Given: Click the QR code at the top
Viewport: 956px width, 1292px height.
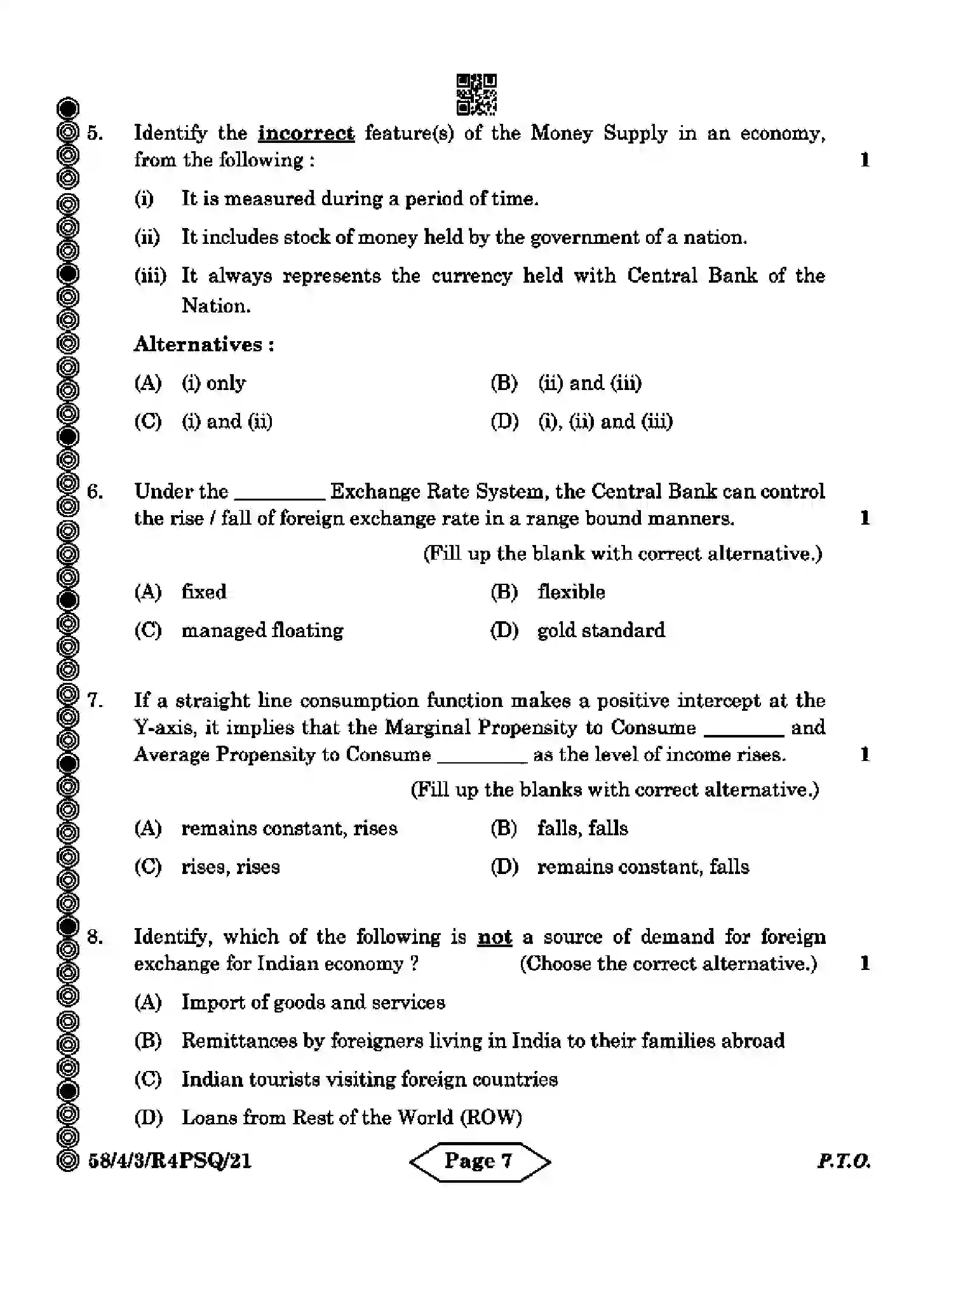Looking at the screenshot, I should (x=476, y=95).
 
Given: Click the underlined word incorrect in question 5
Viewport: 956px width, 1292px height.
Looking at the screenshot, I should (x=306, y=133).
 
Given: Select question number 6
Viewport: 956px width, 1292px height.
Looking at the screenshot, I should (x=95, y=492).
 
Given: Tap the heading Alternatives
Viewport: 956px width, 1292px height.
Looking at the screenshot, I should (x=203, y=345).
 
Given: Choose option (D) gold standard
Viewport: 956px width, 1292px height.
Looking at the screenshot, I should (x=600, y=631).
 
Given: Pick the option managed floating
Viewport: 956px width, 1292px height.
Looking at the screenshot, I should (x=262, y=631).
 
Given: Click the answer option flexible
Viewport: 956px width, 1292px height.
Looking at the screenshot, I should (x=570, y=592).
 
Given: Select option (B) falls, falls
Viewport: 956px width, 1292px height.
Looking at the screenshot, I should (x=582, y=828).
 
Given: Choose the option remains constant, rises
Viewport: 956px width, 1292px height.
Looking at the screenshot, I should (x=289, y=828).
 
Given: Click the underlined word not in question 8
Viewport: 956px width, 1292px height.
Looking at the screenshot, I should (x=494, y=938).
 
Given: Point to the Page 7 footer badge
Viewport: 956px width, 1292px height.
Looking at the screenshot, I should (x=480, y=1161).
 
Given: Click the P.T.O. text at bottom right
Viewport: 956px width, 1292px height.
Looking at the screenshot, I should (x=843, y=1162).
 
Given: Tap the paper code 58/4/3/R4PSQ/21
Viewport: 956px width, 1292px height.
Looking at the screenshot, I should (x=170, y=1162).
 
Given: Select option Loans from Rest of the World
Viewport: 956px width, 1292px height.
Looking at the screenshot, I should (x=351, y=1117).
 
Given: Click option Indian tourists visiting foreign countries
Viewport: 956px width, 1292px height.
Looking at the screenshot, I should (x=369, y=1079).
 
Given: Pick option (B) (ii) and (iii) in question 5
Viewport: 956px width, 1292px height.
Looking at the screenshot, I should (x=589, y=383).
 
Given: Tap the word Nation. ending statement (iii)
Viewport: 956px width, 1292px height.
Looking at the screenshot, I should (x=216, y=306).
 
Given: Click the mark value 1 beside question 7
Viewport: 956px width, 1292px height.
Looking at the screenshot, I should (x=864, y=755).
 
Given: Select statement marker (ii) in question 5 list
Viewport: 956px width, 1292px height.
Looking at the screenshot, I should (x=147, y=238).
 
